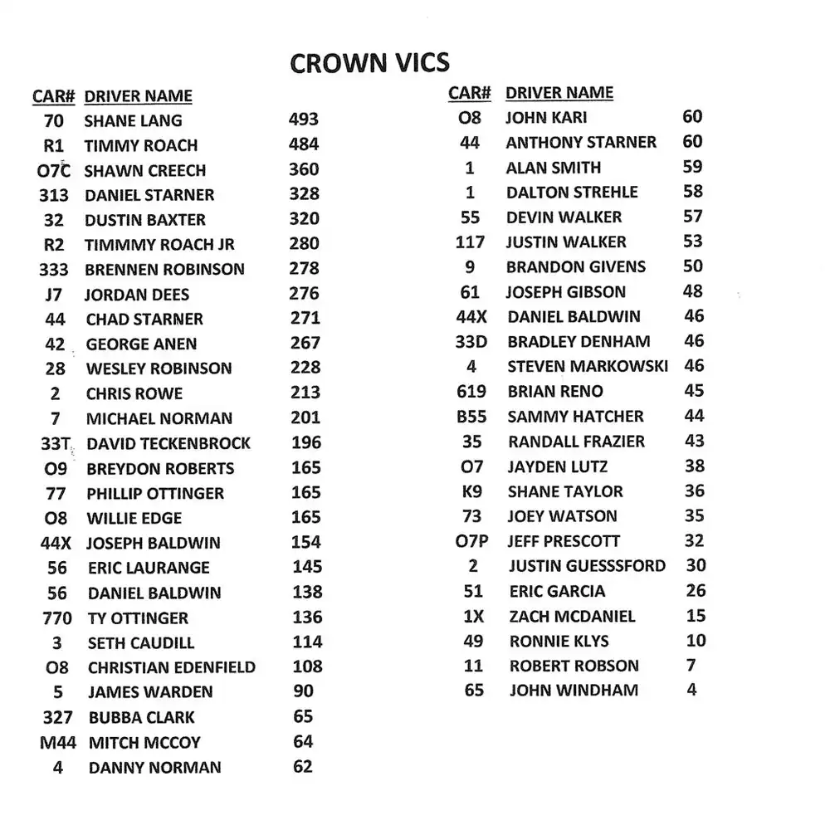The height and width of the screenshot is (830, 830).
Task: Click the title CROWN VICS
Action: pyautogui.click(x=370, y=63)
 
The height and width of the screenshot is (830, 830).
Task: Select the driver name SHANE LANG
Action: pyautogui.click(x=133, y=121)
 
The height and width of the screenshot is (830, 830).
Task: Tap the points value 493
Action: pyautogui.click(x=304, y=120)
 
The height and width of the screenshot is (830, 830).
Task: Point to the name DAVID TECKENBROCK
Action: pyautogui.click(x=168, y=444)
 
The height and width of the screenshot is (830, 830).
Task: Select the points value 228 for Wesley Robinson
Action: pyautogui.click(x=305, y=368)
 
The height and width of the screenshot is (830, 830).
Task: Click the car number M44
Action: pyautogui.click(x=58, y=743)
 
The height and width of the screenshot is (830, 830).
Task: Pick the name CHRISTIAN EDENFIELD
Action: pyautogui.click(x=172, y=667)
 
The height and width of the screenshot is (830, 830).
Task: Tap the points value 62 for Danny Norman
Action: pyautogui.click(x=303, y=766)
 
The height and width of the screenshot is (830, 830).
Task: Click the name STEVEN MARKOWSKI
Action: pyautogui.click(x=588, y=366)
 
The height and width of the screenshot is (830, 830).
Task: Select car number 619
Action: pyautogui.click(x=471, y=392)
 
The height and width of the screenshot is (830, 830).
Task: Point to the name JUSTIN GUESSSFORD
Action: pyautogui.click(x=588, y=566)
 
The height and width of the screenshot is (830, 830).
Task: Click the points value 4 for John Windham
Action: pyautogui.click(x=691, y=690)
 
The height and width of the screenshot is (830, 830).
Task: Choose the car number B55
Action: pyautogui.click(x=471, y=417)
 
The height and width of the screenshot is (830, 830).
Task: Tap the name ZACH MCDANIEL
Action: pyautogui.click(x=573, y=617)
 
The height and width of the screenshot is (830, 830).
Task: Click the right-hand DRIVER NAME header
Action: pyautogui.click(x=559, y=93)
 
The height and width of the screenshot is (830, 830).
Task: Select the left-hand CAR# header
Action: pyautogui.click(x=54, y=96)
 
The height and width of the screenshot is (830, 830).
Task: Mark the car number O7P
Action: pyautogui.click(x=472, y=542)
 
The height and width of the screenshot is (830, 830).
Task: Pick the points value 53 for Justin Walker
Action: pyautogui.click(x=692, y=242)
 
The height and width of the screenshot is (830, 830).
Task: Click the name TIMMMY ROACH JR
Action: pyautogui.click(x=159, y=245)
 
